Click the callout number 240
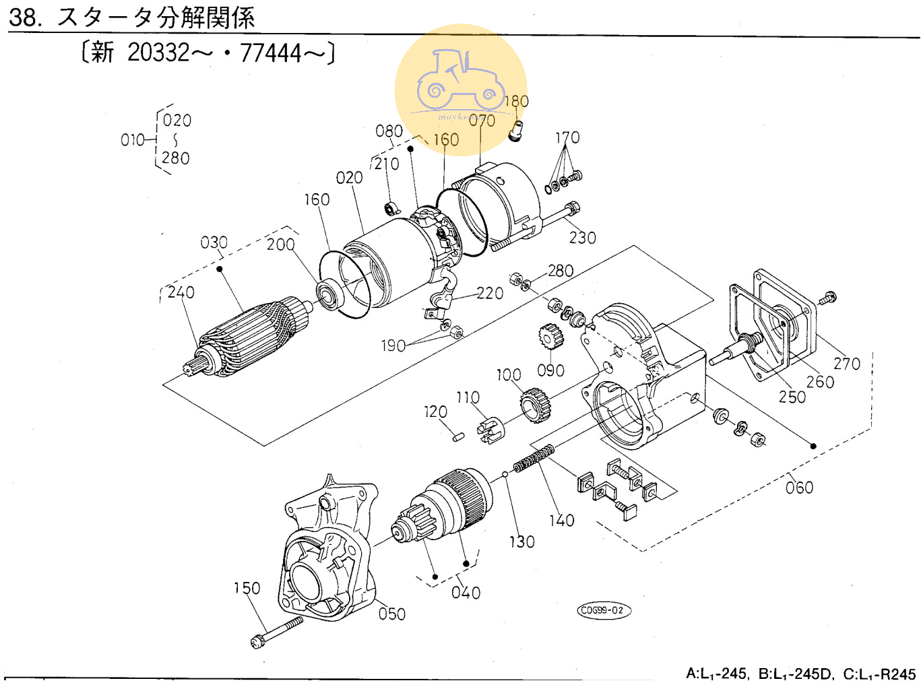pyautogui.click(x=181, y=292)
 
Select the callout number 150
pyautogui.click(x=247, y=588)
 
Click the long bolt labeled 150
pyautogui.click(x=276, y=631)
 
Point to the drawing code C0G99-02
pyautogui.click(x=604, y=610)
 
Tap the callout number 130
pyautogui.click(x=521, y=542)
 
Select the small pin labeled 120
pyautogui.click(x=457, y=436)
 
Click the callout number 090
pyautogui.click(x=550, y=370)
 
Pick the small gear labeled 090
pyautogui.click(x=550, y=337)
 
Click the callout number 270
pyautogui.click(x=847, y=364)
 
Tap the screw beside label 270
pyautogui.click(x=828, y=297)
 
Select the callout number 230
pyautogui.click(x=582, y=238)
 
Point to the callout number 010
pyautogui.click(x=132, y=140)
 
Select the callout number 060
pyautogui.click(x=799, y=487)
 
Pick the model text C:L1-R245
pyautogui.click(x=879, y=674)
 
